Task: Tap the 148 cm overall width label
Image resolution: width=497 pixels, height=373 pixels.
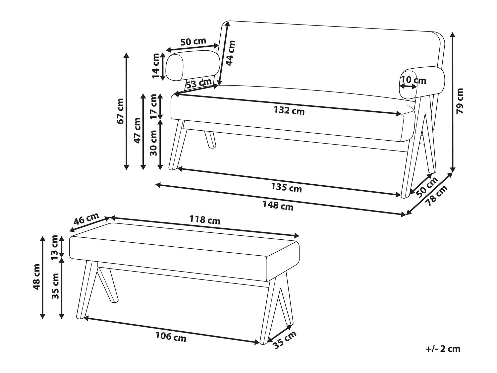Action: (x=278, y=206)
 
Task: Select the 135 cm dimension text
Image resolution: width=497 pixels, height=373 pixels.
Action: (x=287, y=188)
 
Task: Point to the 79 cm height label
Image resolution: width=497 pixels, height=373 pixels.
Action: (x=460, y=101)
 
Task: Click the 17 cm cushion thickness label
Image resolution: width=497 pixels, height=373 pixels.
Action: (x=153, y=106)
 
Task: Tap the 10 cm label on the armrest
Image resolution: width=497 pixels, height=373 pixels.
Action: (x=413, y=80)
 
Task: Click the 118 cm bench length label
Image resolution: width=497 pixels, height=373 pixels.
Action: (x=204, y=219)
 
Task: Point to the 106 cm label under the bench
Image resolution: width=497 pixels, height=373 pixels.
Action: (x=171, y=337)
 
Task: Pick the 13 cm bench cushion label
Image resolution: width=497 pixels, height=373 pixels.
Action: (x=55, y=247)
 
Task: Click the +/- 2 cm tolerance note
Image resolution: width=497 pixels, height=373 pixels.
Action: (x=443, y=349)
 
